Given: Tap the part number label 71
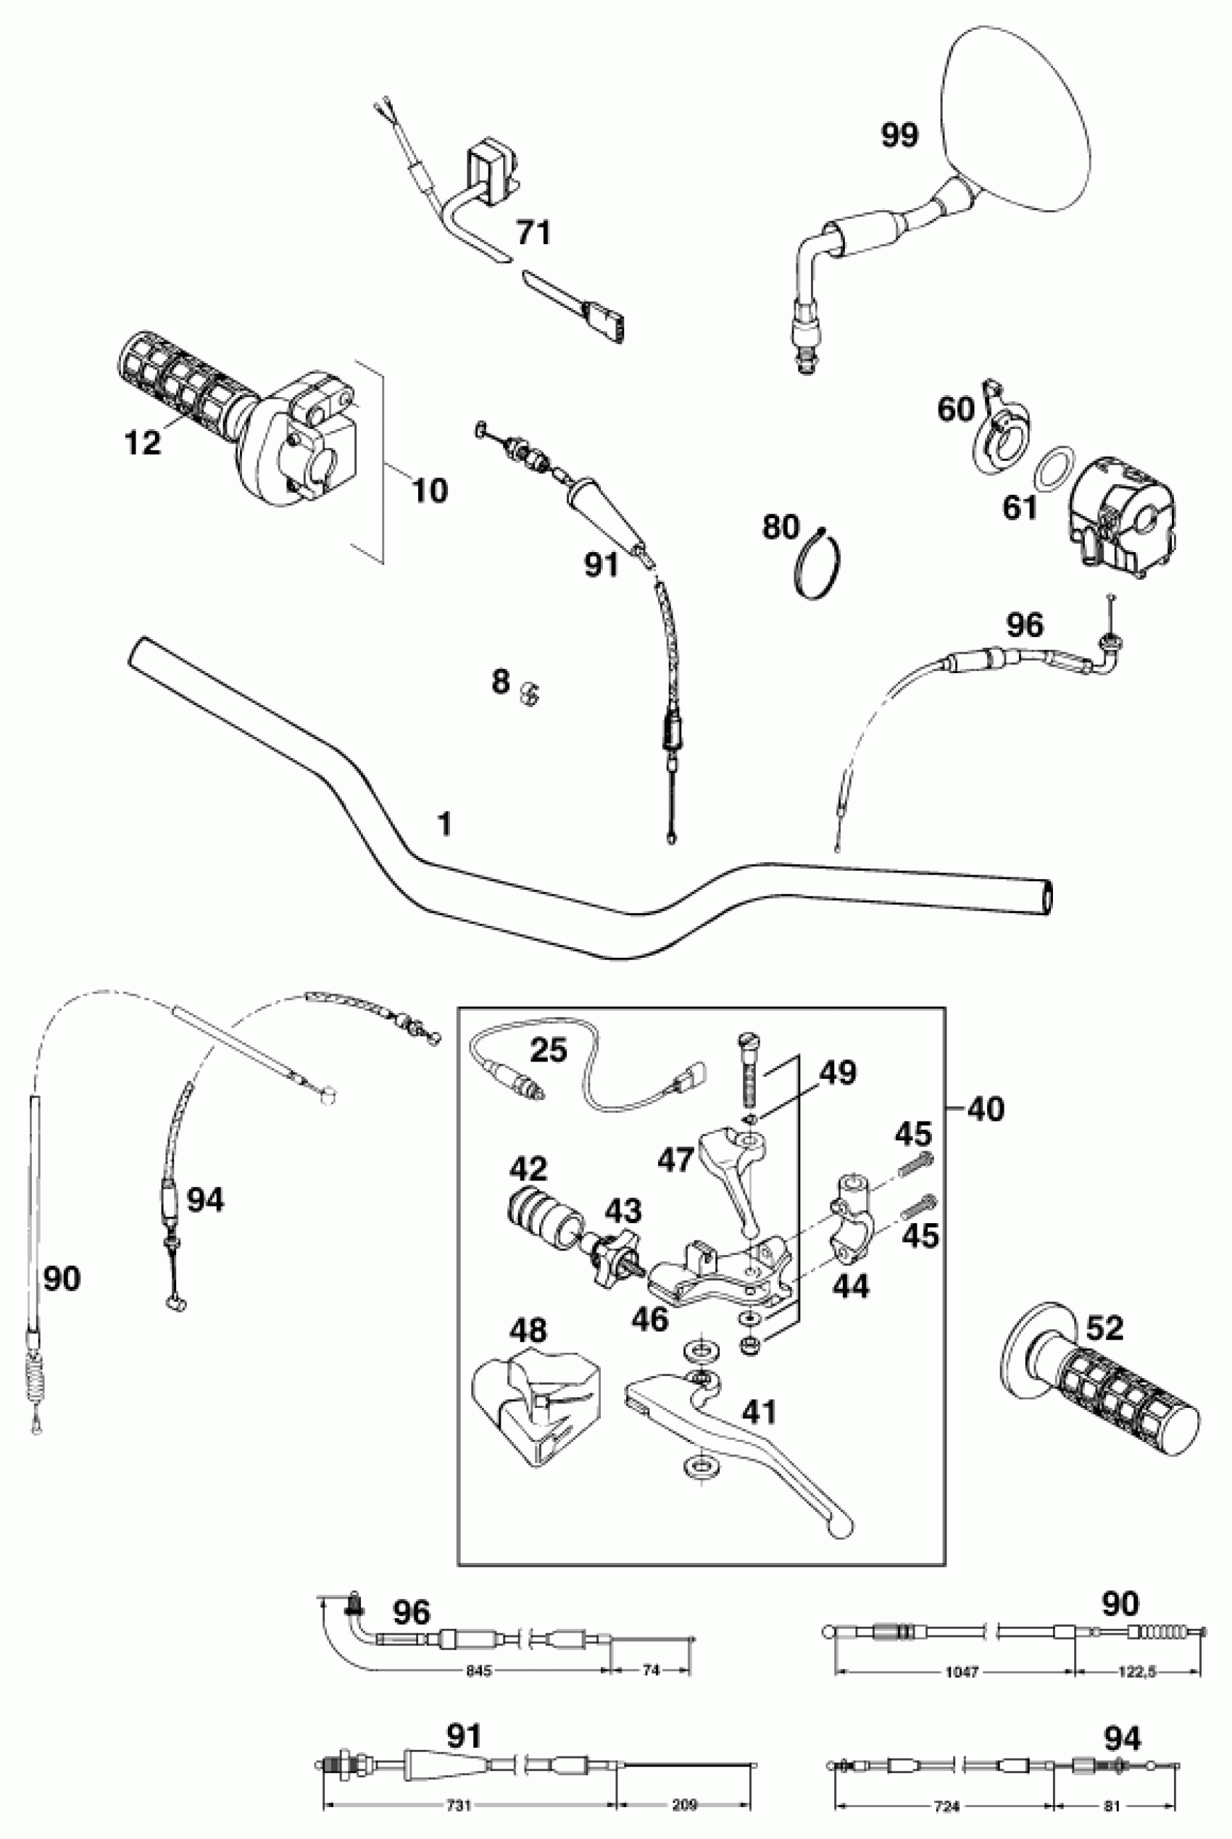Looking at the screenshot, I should tap(533, 233).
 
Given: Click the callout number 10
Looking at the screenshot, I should tap(430, 491).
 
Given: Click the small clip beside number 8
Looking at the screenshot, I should tap(531, 692).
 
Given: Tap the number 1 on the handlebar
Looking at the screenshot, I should tap(445, 824).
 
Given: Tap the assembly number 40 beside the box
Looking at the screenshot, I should tap(986, 1109).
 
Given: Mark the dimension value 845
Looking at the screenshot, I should tap(478, 1672).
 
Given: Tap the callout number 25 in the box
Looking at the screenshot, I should tap(549, 1049).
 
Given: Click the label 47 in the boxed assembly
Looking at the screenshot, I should tap(675, 1160).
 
